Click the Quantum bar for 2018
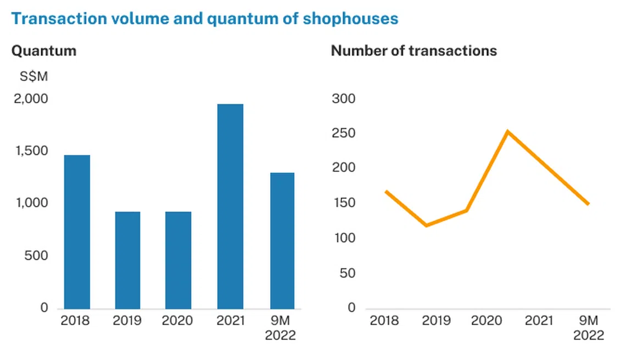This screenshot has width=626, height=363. tap(77, 232)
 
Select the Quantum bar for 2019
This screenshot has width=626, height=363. tap(127, 260)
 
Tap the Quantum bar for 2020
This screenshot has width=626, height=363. tap(178, 260)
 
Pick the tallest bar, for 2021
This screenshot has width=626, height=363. tap(230, 206)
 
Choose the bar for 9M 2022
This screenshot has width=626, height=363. tap(282, 241)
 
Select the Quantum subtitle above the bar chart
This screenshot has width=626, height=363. tap(44, 51)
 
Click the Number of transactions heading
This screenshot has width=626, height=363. tap(413, 51)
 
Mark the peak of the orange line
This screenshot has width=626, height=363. tap(508, 131)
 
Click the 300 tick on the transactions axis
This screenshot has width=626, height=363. tap(344, 99)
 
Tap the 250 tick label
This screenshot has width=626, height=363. tap(344, 133)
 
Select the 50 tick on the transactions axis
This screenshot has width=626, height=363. tap(348, 273)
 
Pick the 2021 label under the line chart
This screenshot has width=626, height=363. tap(539, 320)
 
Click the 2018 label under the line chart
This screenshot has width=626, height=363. tap(384, 320)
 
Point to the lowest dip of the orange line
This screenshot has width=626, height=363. tap(427, 225)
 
